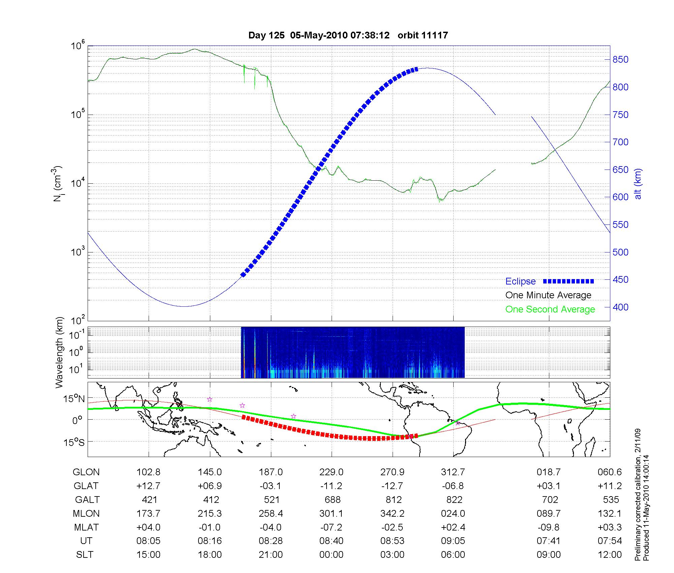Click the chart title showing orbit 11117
(348, 35)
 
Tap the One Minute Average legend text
(548, 295)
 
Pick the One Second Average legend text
(550, 309)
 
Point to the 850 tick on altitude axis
(620, 60)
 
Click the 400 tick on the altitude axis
(620, 307)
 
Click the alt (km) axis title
(638, 184)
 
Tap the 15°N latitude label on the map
(74, 399)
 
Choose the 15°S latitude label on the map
(74, 442)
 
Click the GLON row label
(86, 472)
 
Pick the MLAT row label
(86, 527)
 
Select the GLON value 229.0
(332, 472)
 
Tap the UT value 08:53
(393, 541)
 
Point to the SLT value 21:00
(271, 555)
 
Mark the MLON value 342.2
(393, 514)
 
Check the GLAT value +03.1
(549, 486)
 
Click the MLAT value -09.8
(549, 527)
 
